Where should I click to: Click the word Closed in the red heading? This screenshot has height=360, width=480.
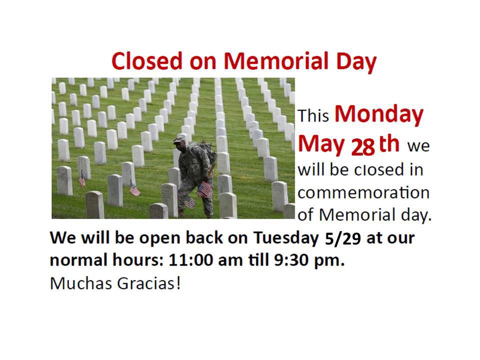click(x=147, y=61)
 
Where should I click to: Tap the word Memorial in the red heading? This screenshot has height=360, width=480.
click(x=276, y=61)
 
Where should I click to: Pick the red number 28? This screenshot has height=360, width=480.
click(x=363, y=147)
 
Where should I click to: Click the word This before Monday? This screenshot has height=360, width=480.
click(x=313, y=115)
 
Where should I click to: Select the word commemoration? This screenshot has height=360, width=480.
click(x=363, y=193)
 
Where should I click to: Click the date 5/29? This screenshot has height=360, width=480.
click(x=343, y=239)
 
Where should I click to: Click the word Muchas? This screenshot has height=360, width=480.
click(x=81, y=283)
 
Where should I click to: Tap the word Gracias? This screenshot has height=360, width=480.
click(x=149, y=283)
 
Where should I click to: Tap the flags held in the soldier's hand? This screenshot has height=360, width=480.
click(x=204, y=189)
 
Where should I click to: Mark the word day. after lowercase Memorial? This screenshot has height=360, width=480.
click(x=416, y=215)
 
